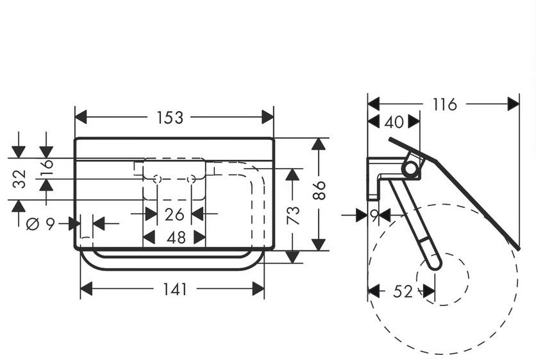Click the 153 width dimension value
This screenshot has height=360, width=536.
(x=170, y=117)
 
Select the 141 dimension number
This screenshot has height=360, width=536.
(x=174, y=289)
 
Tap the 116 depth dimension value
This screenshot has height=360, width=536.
(x=444, y=104)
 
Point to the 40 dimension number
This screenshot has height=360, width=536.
(x=394, y=121)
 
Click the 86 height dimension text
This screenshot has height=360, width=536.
(x=319, y=190)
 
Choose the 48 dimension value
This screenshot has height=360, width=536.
(x=176, y=237)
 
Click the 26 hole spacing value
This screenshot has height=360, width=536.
(x=174, y=214)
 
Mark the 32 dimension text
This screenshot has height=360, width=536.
(x=19, y=178)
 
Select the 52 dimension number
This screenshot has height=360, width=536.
(x=402, y=291)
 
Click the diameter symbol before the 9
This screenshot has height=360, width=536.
(x=32, y=224)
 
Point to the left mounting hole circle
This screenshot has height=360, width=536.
(x=157, y=179)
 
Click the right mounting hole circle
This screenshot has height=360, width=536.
(x=190, y=179)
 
